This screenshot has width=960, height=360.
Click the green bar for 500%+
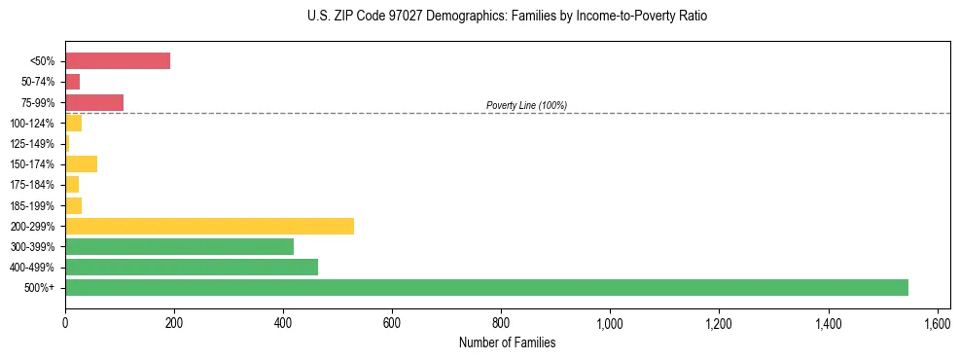click(486, 287)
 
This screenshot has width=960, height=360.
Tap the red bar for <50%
click(118, 60)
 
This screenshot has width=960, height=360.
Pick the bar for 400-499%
click(192, 267)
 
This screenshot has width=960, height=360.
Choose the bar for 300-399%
click(179, 246)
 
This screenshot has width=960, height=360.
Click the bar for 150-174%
click(81, 163)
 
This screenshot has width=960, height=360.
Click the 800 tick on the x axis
click(501, 323)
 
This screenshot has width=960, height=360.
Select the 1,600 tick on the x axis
click(937, 323)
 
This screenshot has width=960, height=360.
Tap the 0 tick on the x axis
click(65, 323)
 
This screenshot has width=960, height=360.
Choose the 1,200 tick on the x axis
click(719, 323)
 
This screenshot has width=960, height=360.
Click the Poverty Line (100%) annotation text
click(526, 105)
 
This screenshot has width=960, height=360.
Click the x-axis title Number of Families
click(508, 342)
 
